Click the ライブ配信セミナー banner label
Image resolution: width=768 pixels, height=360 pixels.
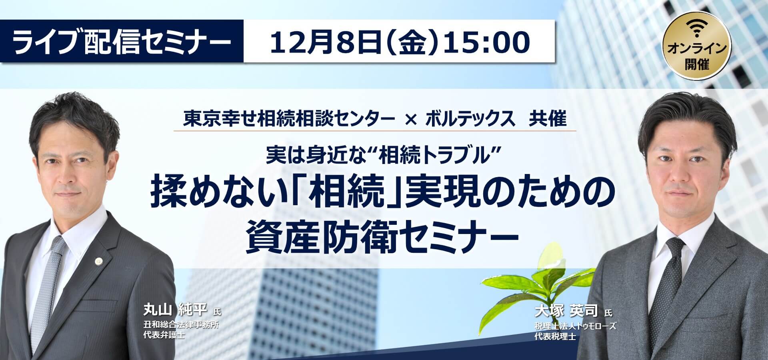pyautogui.click(x=122, y=41)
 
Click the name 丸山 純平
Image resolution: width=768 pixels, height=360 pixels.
pyautogui.click(x=175, y=310)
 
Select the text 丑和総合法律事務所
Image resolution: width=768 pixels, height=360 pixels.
pyautogui.click(x=182, y=326)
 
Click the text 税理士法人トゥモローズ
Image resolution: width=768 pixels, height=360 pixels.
pyautogui.click(x=575, y=326)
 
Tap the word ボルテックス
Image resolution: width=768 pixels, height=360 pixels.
pyautogui.click(x=470, y=120)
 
